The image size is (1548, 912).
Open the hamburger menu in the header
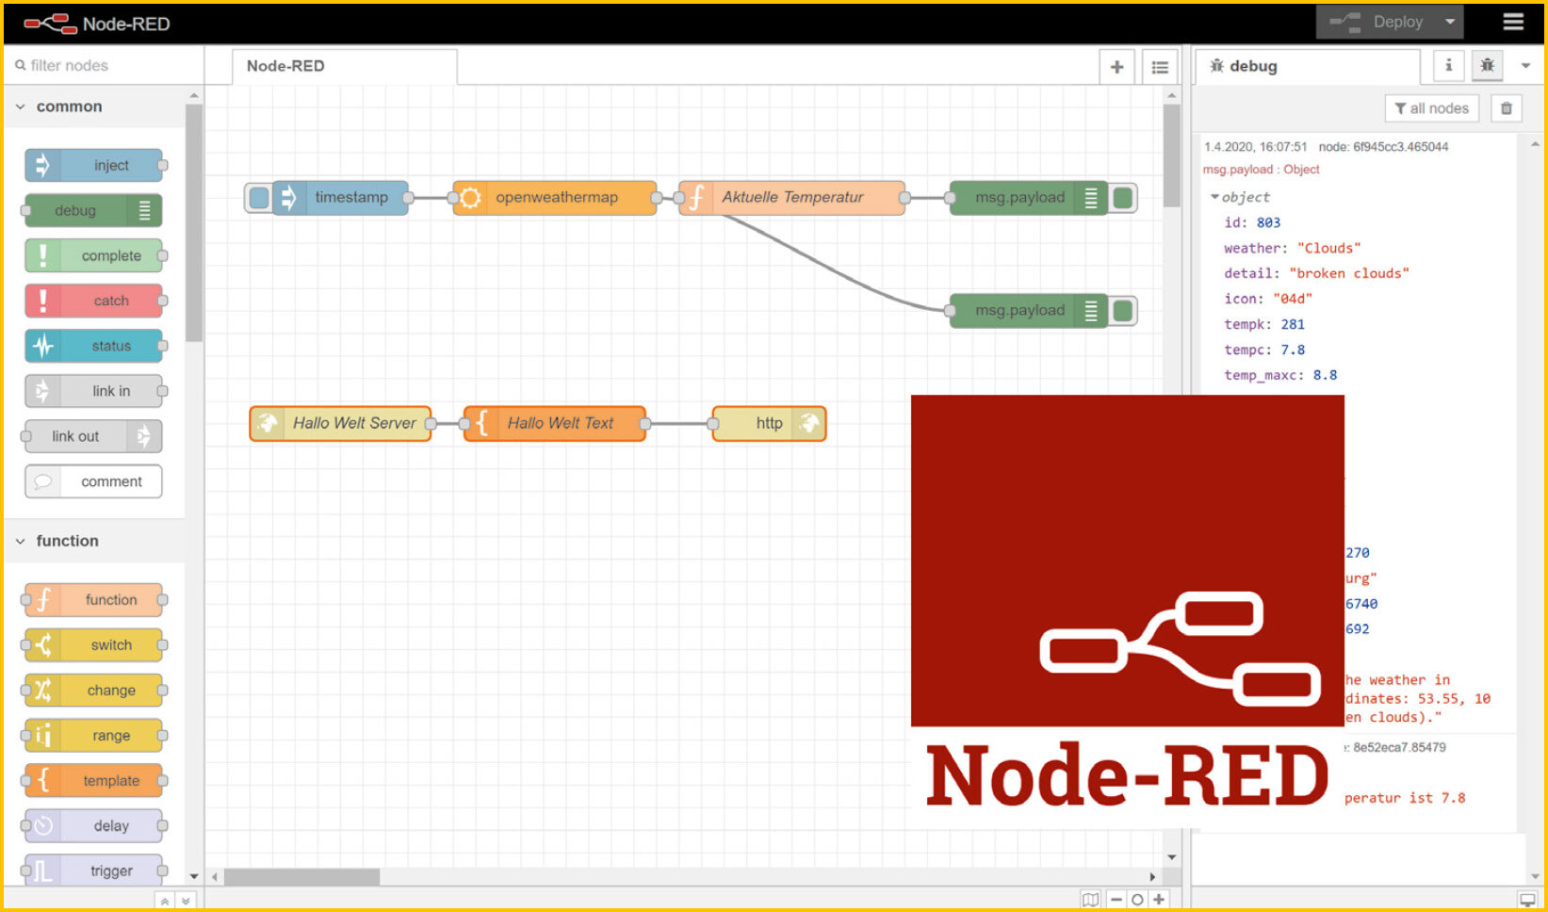pos(1513,22)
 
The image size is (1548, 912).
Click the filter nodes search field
pos(104,65)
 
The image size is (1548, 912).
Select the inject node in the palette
pos(94,166)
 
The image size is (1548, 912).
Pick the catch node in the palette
pos(94,301)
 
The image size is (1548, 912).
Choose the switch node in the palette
pos(94,645)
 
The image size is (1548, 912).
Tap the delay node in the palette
pos(94,826)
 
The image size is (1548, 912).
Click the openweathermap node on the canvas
pos(555,198)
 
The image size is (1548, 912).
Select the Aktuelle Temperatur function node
pos(791,198)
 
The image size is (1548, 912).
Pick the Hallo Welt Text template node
pos(556,424)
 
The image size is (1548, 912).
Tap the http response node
pos(769,424)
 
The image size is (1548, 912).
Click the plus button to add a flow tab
pos(1116,67)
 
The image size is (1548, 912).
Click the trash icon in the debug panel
pos(1507,108)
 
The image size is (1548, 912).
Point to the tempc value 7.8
pos(1293,350)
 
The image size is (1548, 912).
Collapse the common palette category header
pos(68,106)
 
